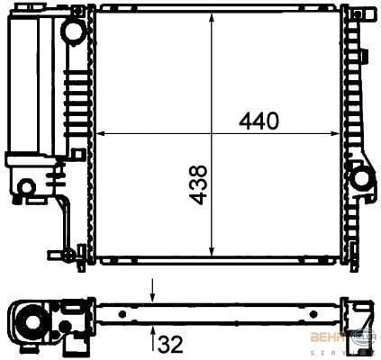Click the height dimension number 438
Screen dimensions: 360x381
(x=199, y=184)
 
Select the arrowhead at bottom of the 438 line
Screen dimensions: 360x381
(x=212, y=255)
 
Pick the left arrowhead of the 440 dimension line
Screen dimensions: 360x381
(x=99, y=133)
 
